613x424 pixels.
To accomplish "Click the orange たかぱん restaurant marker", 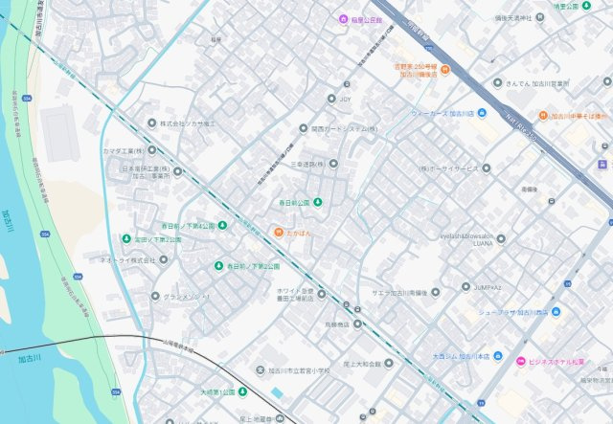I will click(278, 233).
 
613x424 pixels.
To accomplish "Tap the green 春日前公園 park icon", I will click(319, 203).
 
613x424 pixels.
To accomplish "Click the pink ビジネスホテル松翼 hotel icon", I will click(521, 361).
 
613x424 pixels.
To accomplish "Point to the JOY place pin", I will click(331, 98).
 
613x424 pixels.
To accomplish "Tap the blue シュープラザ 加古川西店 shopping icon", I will click(556, 311).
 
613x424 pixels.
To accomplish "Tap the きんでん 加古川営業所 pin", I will click(497, 82).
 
